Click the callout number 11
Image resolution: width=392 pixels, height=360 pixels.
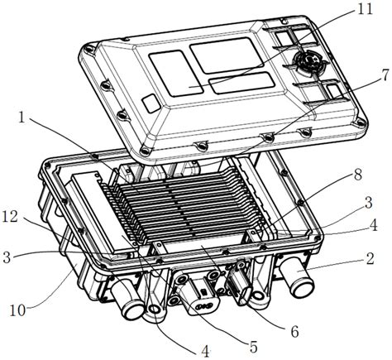click(x=365, y=9)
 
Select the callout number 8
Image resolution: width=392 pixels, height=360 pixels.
click(x=358, y=175)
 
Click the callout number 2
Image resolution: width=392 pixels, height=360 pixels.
click(x=370, y=258)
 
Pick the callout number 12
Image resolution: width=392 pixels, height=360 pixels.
click(x=10, y=217)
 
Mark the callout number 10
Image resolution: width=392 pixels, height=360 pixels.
click(x=17, y=310)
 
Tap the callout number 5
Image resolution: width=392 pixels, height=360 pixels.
click(x=253, y=347)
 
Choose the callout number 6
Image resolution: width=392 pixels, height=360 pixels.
click(x=294, y=332)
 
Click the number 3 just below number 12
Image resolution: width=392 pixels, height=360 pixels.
click(x=7, y=257)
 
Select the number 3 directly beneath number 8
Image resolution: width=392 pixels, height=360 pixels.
click(x=367, y=203)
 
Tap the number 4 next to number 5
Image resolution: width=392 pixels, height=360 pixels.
click(x=204, y=352)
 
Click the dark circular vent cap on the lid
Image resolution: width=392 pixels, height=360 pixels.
click(x=309, y=61)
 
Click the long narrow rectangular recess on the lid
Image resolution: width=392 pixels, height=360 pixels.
click(x=241, y=83)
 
